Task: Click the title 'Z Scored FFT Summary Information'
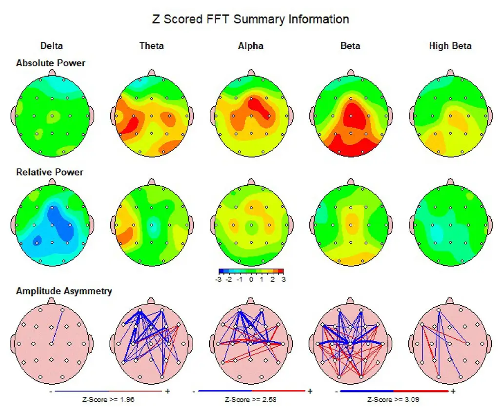pyautogui.click(x=251, y=20)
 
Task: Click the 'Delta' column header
pyautogui.click(x=51, y=46)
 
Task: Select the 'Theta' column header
pyautogui.click(x=151, y=46)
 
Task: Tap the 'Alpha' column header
pyautogui.click(x=251, y=46)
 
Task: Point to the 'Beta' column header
pyautogui.click(x=350, y=46)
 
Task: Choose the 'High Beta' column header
pyautogui.click(x=450, y=46)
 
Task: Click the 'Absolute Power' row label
pyautogui.click(x=50, y=63)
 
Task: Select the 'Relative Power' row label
pyautogui.click(x=49, y=172)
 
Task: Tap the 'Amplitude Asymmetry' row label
pyautogui.click(x=64, y=291)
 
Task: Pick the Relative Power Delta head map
pyautogui.click(x=53, y=225)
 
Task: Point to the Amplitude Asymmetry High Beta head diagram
pyautogui.click(x=450, y=344)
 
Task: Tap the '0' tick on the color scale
pyautogui.click(x=251, y=279)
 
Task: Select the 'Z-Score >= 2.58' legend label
pyautogui.click(x=251, y=399)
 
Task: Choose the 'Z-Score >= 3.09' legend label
pyautogui.click(x=393, y=399)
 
